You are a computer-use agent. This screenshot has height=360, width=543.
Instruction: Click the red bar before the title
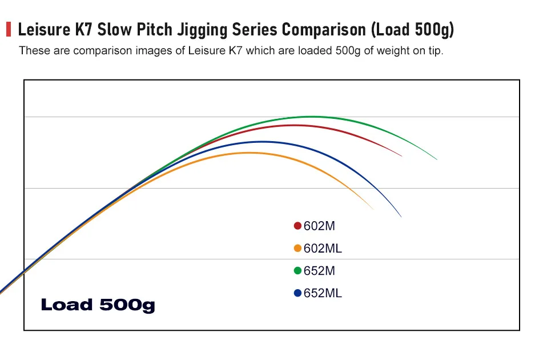point(9,29)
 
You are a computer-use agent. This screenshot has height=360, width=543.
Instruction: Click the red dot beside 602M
point(297,226)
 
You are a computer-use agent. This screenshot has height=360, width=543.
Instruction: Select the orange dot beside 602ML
point(297,248)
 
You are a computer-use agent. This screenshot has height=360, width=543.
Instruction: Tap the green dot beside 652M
point(297,270)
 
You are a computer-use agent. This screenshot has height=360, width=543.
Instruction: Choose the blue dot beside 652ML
point(297,293)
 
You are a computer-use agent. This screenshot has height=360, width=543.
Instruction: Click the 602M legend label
point(319,226)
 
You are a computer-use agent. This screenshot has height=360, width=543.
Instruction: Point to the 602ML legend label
point(323,248)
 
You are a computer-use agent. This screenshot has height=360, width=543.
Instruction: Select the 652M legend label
point(319,270)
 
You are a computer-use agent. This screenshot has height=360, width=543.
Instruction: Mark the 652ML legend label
point(323,293)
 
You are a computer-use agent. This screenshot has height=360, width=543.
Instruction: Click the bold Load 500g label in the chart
point(98,305)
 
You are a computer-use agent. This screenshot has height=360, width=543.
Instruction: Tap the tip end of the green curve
point(437,159)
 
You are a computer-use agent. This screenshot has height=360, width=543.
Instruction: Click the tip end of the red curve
point(402,155)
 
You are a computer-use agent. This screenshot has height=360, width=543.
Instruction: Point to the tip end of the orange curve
point(373,209)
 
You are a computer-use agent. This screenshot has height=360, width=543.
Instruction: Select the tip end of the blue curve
point(401,217)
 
